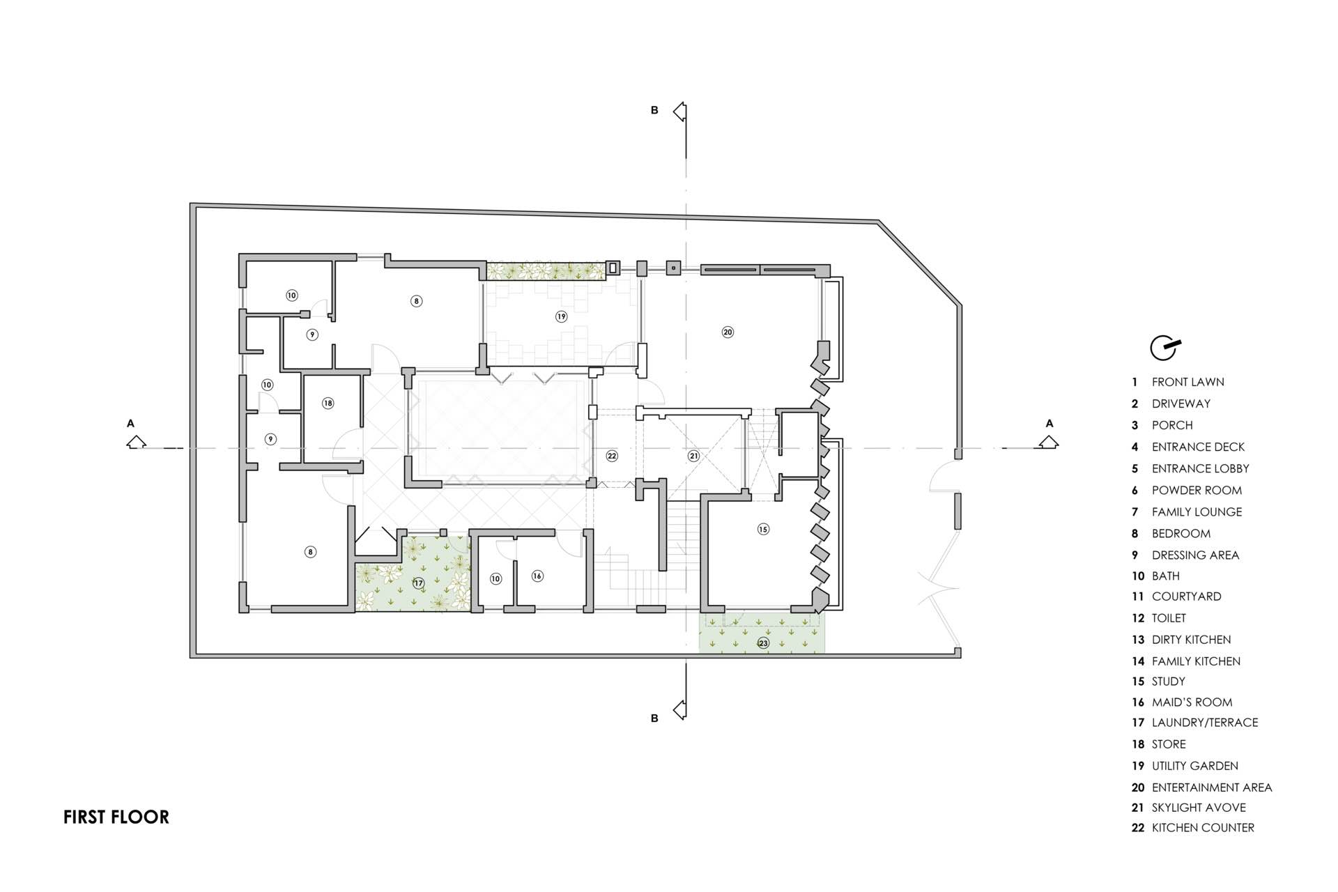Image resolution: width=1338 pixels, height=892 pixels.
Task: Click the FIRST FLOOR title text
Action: (116, 817)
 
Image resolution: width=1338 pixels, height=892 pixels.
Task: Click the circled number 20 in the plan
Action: (728, 332)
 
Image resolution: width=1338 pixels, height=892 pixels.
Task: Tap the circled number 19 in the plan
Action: (561, 316)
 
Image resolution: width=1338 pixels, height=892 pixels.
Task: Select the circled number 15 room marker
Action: (763, 529)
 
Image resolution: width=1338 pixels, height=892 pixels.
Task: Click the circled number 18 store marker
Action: (328, 403)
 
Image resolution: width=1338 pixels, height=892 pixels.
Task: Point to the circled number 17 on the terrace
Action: (418, 583)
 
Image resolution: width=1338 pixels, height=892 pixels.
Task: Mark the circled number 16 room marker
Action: (537, 576)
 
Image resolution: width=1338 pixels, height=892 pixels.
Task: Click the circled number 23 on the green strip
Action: (763, 643)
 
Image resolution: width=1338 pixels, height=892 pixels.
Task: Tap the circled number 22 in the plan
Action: (612, 456)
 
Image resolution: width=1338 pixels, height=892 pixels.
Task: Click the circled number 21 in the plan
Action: (693, 456)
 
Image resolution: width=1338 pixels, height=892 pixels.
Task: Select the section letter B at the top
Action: (654, 110)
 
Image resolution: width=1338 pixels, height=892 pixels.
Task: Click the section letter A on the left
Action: (130, 423)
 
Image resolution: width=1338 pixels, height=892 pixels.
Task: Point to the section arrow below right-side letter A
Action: (1048, 442)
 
